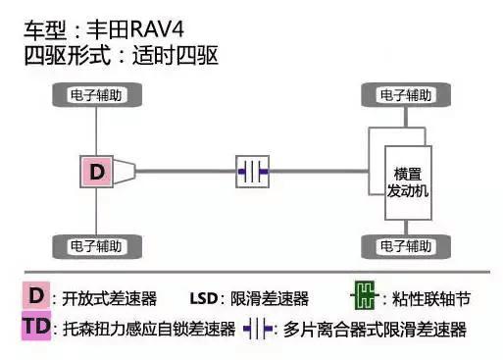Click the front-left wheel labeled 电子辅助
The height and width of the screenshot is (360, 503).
coord(96,96)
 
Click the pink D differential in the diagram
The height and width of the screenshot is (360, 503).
coord(96,173)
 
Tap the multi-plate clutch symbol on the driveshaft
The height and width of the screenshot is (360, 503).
coord(253,173)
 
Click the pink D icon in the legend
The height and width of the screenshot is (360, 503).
coord(36,295)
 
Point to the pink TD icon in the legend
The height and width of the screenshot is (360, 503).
coord(36,328)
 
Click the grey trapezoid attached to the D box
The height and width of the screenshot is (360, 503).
coord(127,173)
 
